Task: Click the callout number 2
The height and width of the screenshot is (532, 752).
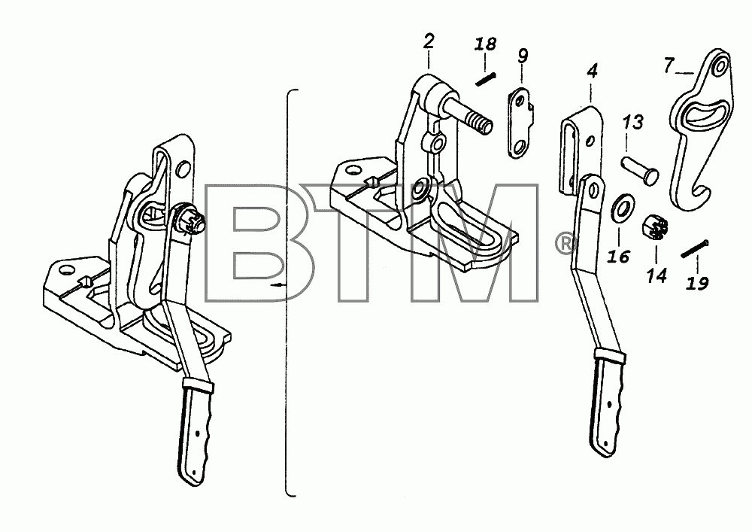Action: click(429, 41)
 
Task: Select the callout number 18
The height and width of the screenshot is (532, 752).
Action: click(485, 44)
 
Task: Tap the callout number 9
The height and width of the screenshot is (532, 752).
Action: click(523, 56)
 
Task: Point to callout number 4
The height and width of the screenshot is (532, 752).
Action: click(593, 71)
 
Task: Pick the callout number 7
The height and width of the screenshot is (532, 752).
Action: click(669, 65)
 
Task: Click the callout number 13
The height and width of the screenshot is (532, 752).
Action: click(633, 123)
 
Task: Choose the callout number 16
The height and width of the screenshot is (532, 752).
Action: click(619, 257)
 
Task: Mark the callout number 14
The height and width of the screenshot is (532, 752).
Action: click(656, 275)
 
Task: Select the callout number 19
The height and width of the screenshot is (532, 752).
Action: click(697, 284)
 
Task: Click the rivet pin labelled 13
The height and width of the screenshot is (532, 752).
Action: click(640, 169)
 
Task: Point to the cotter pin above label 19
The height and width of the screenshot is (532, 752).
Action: click(695, 248)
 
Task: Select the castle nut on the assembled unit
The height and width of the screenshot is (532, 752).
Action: click(191, 221)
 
